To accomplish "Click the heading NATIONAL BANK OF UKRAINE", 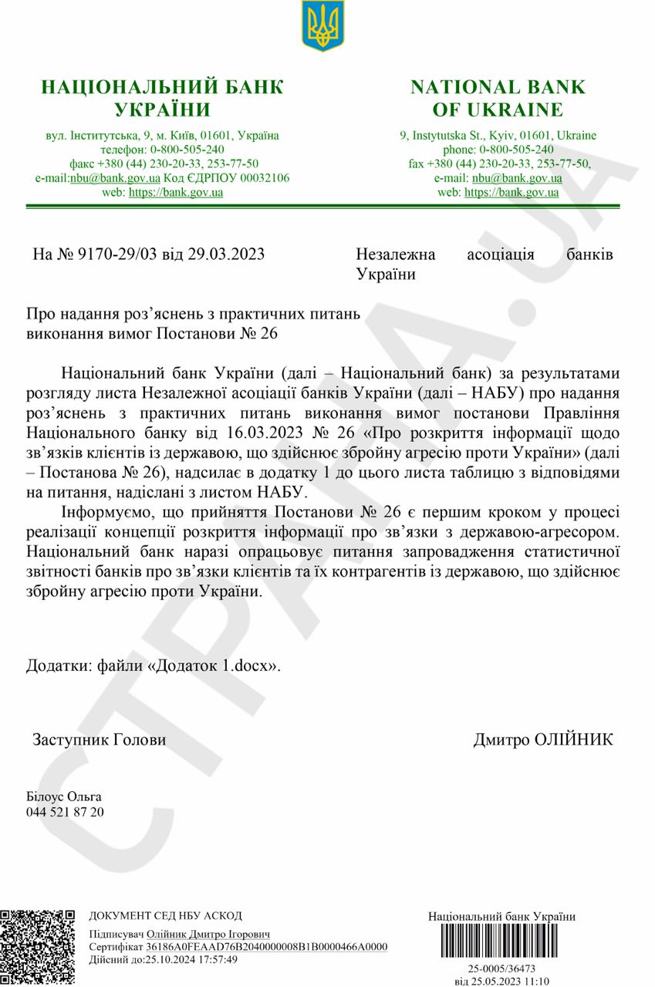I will [x=498, y=97].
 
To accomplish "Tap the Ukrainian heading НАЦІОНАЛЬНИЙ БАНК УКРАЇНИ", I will [x=162, y=97].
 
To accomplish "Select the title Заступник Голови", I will [x=99, y=740].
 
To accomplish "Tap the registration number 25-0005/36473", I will [x=501, y=968].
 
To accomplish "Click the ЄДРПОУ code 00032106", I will [x=264, y=178].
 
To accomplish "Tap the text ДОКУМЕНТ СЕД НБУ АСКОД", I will [x=165, y=916].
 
